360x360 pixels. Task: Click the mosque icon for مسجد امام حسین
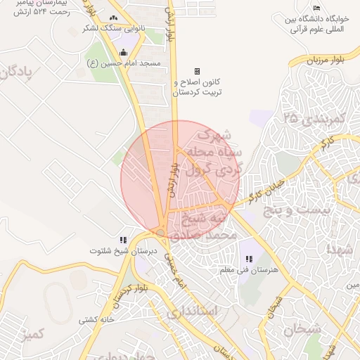click(124, 52)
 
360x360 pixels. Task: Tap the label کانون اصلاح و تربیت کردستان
click(198, 87)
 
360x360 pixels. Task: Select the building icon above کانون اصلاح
click(197, 71)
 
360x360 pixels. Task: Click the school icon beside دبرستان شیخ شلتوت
click(124, 240)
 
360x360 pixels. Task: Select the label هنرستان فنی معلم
click(250, 270)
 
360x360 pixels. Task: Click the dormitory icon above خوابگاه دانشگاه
click(316, 8)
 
